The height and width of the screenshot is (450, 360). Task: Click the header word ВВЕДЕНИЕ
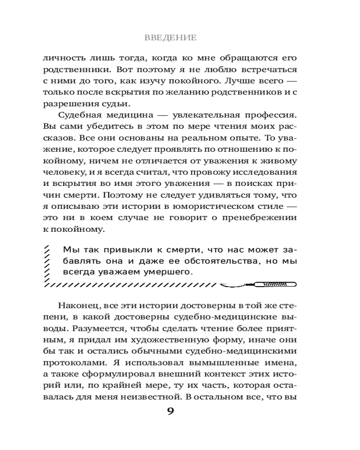pos(170,38)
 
